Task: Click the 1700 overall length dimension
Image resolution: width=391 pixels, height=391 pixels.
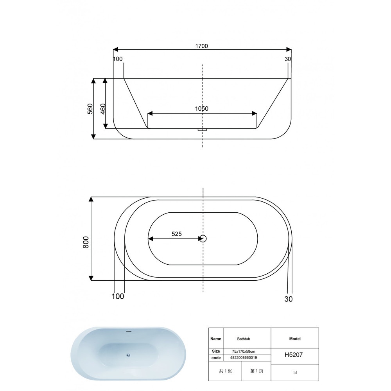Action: coord(201,46)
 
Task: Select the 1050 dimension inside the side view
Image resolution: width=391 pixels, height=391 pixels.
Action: coord(201,109)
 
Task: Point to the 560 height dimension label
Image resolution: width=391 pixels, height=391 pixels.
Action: coord(90,109)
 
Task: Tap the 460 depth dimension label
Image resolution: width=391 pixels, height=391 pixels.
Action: coord(103,109)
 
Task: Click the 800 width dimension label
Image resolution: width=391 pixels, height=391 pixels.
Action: coord(86,242)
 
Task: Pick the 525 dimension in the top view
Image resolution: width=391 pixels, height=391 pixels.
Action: coord(177,234)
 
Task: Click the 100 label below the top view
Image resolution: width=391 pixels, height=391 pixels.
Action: coord(118,296)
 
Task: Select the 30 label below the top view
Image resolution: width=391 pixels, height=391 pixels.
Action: coord(289,299)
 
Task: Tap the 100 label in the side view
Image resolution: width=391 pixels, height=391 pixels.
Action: coord(118,59)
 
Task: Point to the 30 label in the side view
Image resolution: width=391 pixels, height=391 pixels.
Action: coord(288,59)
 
